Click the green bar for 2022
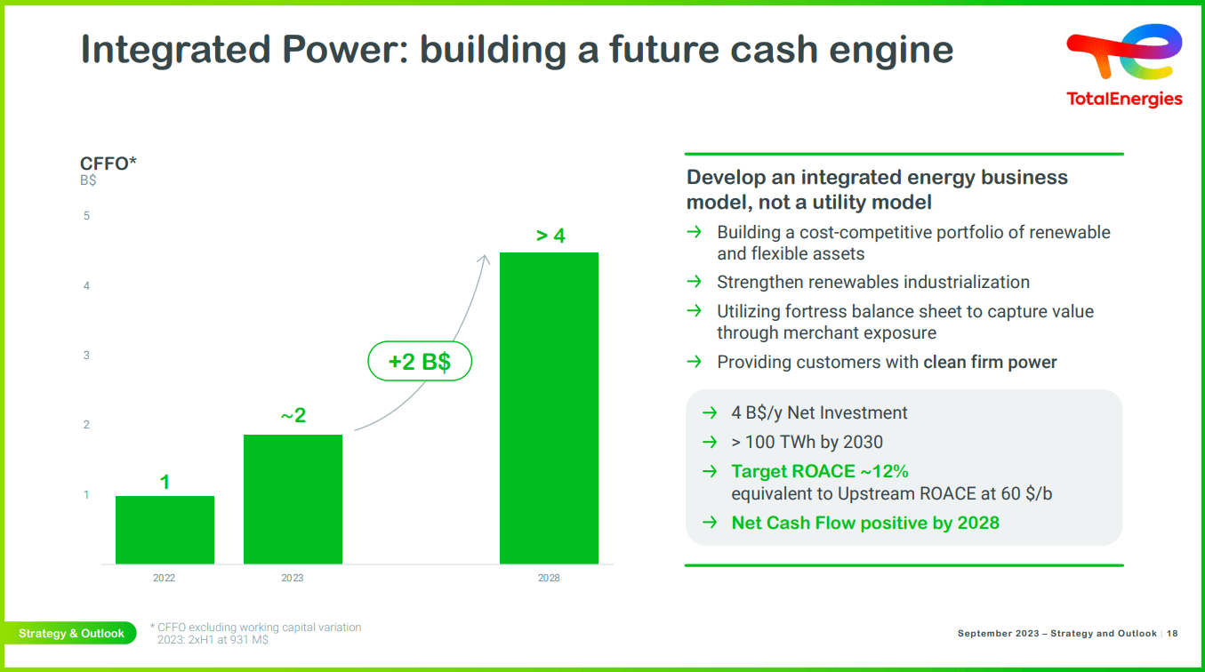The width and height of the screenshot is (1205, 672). pyautogui.click(x=165, y=530)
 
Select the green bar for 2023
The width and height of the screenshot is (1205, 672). pyautogui.click(x=293, y=499)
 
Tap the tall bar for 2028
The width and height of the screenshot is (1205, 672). pyautogui.click(x=549, y=408)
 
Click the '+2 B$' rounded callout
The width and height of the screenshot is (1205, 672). pyautogui.click(x=420, y=362)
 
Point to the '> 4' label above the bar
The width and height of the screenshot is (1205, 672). pyautogui.click(x=550, y=236)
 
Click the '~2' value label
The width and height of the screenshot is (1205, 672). pyautogui.click(x=293, y=416)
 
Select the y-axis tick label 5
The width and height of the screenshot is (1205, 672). pyautogui.click(x=86, y=216)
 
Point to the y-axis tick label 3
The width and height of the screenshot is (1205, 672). pyautogui.click(x=86, y=356)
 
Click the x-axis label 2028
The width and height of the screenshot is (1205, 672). pyautogui.click(x=549, y=579)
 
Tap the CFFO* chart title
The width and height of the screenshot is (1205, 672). pyautogui.click(x=108, y=164)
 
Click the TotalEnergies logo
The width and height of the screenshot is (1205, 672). pyautogui.click(x=1124, y=67)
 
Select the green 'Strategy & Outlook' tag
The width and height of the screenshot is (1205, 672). pyautogui.click(x=71, y=634)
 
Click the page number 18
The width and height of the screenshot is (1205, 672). pyautogui.click(x=1171, y=634)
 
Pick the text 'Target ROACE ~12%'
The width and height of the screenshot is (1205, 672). pyautogui.click(x=819, y=472)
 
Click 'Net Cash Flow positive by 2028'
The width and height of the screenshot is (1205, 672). pyautogui.click(x=864, y=523)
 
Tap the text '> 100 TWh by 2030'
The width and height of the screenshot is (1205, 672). pyautogui.click(x=807, y=442)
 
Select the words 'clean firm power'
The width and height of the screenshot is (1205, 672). pyautogui.click(x=990, y=362)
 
